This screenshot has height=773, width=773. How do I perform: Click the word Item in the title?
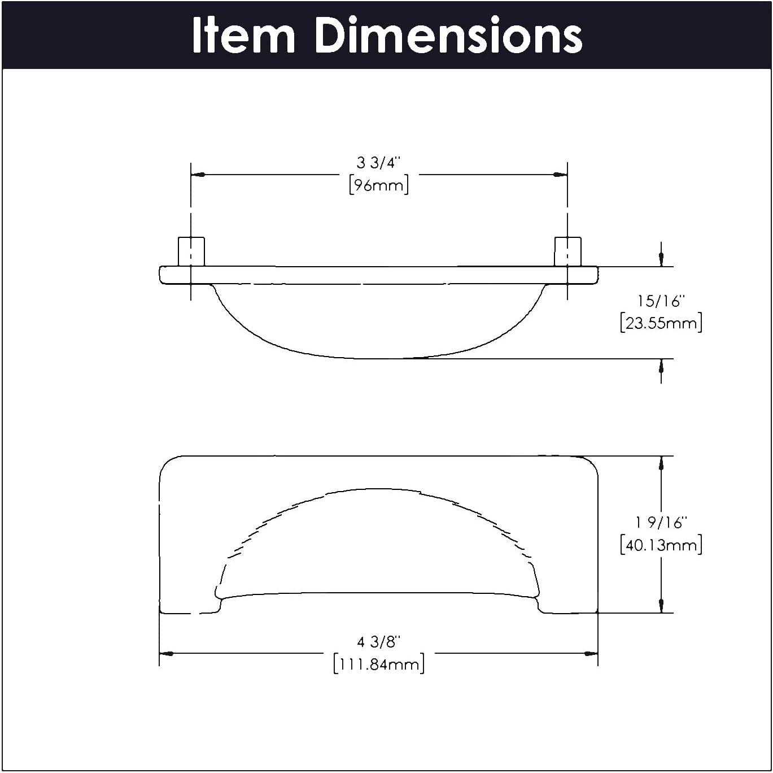[243, 35]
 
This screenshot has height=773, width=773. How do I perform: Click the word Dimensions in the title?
[449, 35]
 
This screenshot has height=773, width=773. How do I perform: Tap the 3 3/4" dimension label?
[379, 163]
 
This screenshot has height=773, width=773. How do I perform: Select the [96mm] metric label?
[379, 185]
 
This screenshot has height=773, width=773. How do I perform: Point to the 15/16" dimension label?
[661, 301]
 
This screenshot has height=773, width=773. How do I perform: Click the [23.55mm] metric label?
[661, 323]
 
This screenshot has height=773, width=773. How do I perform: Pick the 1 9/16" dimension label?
[661, 522]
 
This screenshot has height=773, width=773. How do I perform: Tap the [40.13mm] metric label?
[661, 545]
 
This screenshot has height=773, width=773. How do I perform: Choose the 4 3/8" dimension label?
[379, 642]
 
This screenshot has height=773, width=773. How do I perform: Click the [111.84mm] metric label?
[379, 665]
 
